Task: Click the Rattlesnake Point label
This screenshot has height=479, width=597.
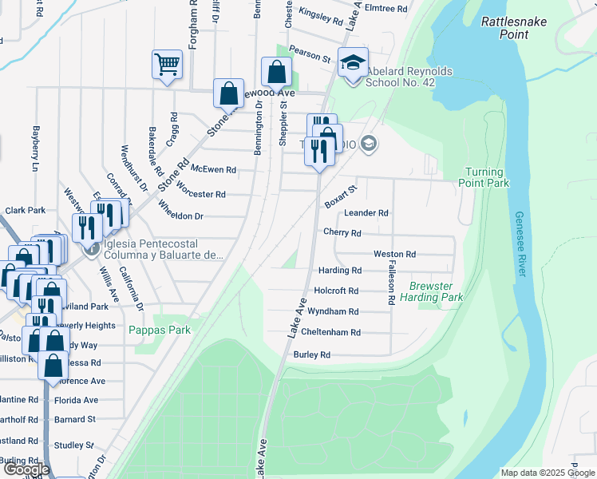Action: [x=514, y=28]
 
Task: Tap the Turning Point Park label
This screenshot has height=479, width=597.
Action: [x=484, y=177]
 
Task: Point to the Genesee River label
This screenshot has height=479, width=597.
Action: [x=520, y=244]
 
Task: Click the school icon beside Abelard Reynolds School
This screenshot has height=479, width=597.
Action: [x=352, y=62]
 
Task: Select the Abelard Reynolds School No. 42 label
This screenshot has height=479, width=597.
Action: [x=409, y=77]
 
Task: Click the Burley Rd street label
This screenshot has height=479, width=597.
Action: [x=312, y=354]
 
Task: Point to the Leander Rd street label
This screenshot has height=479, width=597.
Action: [x=366, y=213]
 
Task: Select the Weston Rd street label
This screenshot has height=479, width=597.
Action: [x=394, y=254]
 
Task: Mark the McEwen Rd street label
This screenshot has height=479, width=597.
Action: [x=214, y=169]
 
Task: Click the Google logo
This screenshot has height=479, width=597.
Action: [x=26, y=469]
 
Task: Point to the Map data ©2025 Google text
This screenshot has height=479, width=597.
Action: [x=547, y=472]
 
